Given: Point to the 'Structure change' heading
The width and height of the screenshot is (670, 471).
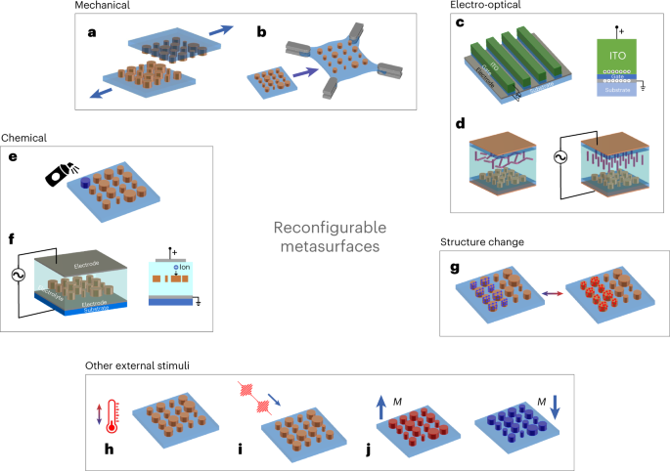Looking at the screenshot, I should (x=483, y=241).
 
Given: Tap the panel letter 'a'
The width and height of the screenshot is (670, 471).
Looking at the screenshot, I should (x=93, y=32).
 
